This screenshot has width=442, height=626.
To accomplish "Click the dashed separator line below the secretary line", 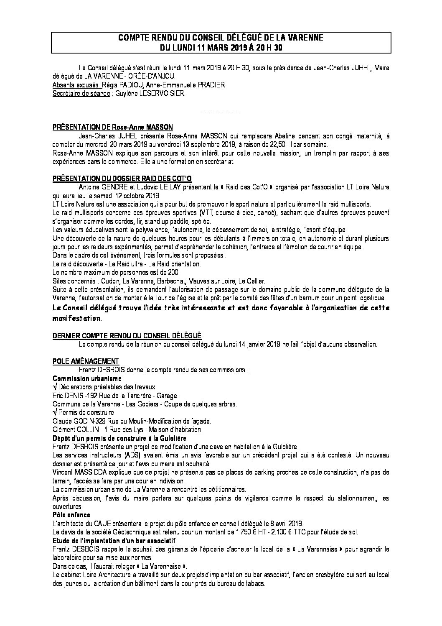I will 221,111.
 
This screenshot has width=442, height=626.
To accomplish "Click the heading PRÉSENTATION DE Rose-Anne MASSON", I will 112,127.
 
